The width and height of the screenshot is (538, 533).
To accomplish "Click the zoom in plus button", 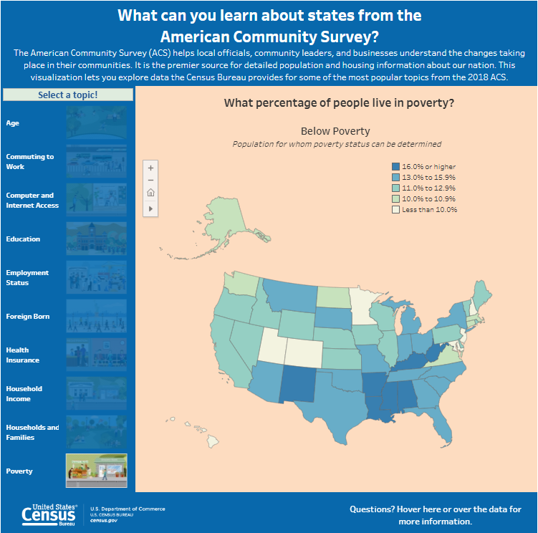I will (x=150, y=167).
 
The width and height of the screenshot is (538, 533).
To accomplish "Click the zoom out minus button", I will (x=150, y=180).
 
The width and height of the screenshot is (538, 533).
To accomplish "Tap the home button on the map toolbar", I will (x=150, y=193).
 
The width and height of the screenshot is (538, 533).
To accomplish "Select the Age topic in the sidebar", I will (x=13, y=123).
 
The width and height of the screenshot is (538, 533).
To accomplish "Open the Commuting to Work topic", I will (x=30, y=161).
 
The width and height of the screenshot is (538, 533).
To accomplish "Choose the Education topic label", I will (x=23, y=239).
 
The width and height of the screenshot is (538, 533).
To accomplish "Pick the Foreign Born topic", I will (x=28, y=316).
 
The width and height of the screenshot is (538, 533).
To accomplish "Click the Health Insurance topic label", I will (x=22, y=355).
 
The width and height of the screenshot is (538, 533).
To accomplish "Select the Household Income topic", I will (x=24, y=393).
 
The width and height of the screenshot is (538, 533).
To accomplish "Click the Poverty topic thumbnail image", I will (x=96, y=470).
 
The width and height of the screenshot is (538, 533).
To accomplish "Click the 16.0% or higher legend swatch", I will (x=395, y=166).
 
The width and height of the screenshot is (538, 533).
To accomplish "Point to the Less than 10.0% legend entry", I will (x=429, y=210).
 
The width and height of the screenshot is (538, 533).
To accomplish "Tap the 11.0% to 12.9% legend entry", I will (x=428, y=188).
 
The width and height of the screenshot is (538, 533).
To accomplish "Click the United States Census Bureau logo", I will (x=49, y=514).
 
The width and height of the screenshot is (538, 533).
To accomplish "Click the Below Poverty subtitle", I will (x=335, y=131).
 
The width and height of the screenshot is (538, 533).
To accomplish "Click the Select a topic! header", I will (x=68, y=95).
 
